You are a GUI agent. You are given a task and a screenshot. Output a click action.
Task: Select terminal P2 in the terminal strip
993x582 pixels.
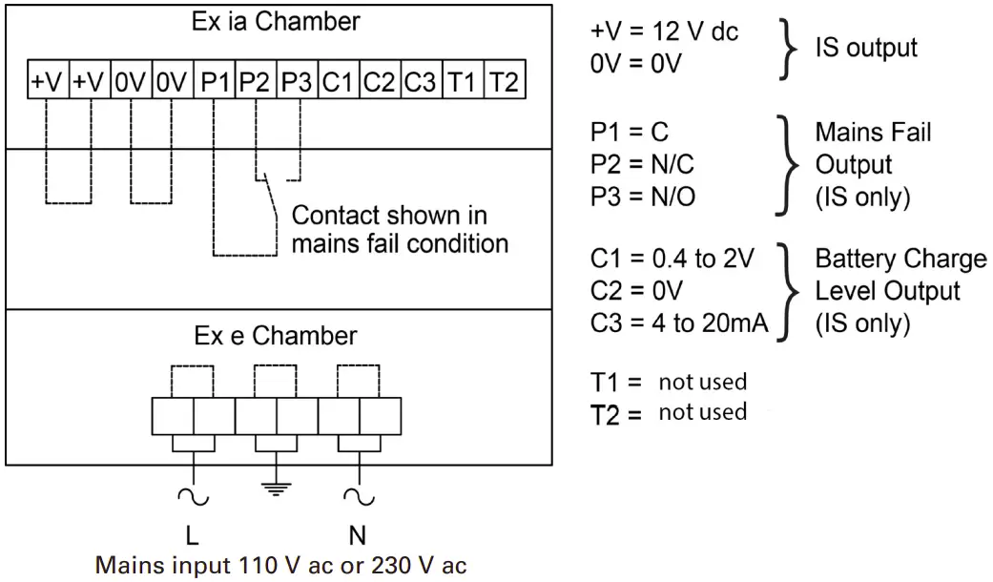(255, 83)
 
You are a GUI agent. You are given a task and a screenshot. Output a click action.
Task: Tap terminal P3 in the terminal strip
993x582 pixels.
(297, 83)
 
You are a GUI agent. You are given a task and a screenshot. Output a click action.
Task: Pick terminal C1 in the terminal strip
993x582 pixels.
(337, 83)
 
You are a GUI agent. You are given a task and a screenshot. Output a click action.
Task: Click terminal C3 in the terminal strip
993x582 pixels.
(420, 83)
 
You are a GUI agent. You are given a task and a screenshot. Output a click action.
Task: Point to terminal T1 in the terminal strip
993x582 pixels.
(462, 83)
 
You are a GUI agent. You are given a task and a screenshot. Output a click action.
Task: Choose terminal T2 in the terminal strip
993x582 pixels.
(504, 83)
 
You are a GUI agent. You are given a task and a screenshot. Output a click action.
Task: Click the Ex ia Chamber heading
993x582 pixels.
(277, 22)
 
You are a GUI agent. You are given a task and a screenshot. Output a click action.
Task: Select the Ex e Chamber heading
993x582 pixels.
(276, 336)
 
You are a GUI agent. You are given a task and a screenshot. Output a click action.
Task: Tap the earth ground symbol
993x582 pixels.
(277, 488)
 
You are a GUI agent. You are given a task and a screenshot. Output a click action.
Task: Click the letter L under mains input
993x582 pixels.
(193, 534)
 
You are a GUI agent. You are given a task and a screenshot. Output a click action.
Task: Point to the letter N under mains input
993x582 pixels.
(360, 534)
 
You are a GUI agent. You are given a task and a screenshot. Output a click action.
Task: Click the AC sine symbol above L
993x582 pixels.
(194, 497)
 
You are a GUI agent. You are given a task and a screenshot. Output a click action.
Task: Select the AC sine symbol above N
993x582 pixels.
(360, 497)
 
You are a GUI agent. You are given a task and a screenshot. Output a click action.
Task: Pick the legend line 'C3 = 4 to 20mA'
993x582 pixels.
(679, 323)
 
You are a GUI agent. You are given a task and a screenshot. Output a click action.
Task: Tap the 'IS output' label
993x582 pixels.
(866, 47)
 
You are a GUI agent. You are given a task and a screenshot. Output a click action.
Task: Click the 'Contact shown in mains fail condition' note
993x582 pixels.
(400, 229)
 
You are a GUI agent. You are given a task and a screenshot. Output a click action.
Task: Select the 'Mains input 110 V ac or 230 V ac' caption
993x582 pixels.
(281, 564)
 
